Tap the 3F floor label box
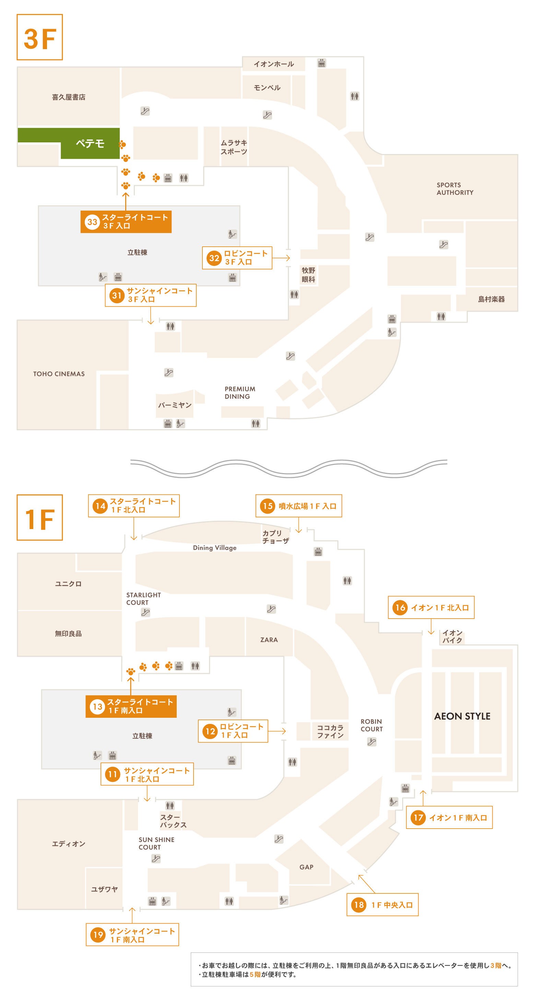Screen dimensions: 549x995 pyautogui.click(x=40, y=37)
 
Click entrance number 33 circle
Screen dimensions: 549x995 pyautogui.click(x=92, y=222)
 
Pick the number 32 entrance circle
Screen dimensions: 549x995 pyautogui.click(x=214, y=258)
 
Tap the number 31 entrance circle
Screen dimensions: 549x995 pyautogui.click(x=117, y=295)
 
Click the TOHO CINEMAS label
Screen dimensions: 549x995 pyautogui.click(x=59, y=374)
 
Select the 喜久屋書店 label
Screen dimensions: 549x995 pyautogui.click(x=69, y=97)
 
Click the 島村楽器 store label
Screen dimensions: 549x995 pyautogui.click(x=491, y=299)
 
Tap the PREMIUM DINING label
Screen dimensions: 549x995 pyautogui.click(x=240, y=393)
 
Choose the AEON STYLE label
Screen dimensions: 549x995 pyautogui.click(x=462, y=716)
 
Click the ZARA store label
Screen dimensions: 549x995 pyautogui.click(x=269, y=640)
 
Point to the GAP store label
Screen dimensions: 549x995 pyautogui.click(x=306, y=867)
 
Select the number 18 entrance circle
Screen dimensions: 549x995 pyautogui.click(x=359, y=905)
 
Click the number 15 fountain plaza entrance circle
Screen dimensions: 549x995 pyautogui.click(x=268, y=506)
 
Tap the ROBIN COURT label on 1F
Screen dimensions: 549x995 pyautogui.click(x=371, y=725)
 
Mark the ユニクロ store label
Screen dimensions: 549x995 pyautogui.click(x=68, y=584)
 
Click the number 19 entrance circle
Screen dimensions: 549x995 pyautogui.click(x=98, y=935)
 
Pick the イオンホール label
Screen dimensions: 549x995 pyautogui.click(x=274, y=64)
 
